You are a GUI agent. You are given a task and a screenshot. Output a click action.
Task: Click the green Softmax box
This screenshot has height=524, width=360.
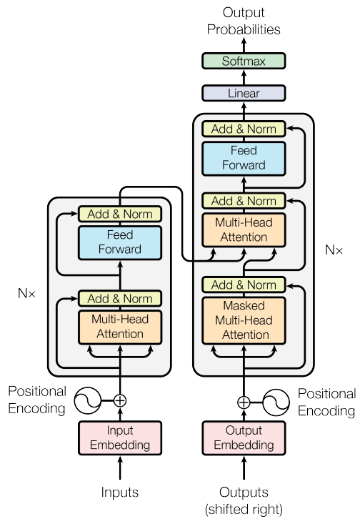coord(244,61)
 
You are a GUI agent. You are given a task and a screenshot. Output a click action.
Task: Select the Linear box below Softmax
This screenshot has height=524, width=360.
coord(244,93)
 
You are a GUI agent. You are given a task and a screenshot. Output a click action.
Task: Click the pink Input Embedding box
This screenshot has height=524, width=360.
coord(119,438)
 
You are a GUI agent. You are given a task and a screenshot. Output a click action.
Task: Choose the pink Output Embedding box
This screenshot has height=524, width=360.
coord(244,438)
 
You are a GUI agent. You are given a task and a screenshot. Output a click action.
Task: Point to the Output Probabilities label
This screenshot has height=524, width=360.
coord(244,21)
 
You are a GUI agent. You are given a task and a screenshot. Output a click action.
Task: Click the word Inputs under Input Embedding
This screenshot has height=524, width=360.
coord(119,492)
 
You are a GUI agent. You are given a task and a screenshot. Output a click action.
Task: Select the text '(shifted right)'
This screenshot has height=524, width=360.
coord(244,510)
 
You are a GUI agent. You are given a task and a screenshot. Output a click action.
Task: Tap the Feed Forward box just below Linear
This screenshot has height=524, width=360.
coord(244,158)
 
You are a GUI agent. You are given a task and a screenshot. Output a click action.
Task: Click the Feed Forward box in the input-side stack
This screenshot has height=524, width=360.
coord(119,242)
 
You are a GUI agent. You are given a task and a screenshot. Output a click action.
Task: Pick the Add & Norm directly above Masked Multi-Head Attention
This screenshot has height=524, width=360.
coord(244,285)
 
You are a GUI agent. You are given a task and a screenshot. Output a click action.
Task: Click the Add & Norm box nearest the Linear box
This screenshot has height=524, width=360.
coord(244,129)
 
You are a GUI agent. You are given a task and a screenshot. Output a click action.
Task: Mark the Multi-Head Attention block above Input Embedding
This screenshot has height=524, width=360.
coord(119,326)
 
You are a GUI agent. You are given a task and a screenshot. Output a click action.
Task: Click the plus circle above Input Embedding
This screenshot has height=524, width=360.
coord(120,400)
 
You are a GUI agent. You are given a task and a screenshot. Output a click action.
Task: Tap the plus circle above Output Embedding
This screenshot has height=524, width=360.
coord(244,402)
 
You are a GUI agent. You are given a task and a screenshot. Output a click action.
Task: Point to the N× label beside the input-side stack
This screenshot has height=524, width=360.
coord(28,292)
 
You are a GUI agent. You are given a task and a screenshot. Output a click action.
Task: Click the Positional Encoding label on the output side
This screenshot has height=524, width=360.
coord(326,402)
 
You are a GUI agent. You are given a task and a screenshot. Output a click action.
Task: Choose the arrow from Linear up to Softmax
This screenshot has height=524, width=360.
coord(244,77)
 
